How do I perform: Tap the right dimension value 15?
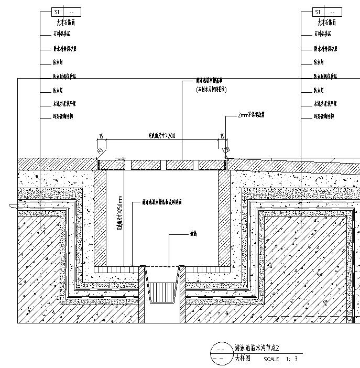[x=222, y=136]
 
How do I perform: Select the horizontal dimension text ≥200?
[x=161, y=136]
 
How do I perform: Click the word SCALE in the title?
[x=271, y=360]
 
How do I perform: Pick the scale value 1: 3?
[x=292, y=360]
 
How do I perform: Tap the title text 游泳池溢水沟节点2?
[x=258, y=348]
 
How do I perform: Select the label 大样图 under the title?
[x=243, y=359]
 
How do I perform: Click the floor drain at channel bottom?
[x=162, y=291]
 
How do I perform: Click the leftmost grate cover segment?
[x=112, y=165]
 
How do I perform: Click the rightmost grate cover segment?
[x=212, y=165]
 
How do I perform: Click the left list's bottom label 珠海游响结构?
[x=62, y=116]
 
